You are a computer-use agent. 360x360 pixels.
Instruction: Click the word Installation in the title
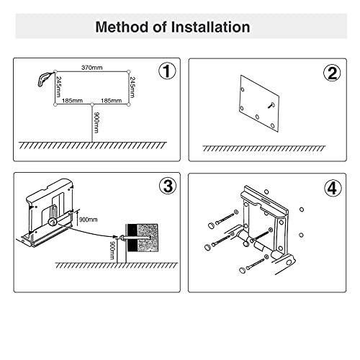click(210, 27)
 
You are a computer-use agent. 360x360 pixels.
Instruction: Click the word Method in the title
click(122, 27)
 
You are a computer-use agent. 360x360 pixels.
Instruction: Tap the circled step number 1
click(167, 71)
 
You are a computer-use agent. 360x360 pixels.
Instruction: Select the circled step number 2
click(332, 73)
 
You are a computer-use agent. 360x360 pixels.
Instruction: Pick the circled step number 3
click(168, 186)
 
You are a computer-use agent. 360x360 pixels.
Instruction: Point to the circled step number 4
click(333, 189)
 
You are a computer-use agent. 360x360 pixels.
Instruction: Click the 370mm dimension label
click(92, 68)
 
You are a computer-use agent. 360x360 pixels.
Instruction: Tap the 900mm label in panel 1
click(96, 122)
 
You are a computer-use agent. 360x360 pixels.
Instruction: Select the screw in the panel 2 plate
click(271, 105)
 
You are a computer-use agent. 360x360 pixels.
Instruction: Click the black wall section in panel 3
click(132, 238)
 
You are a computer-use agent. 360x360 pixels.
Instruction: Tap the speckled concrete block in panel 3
click(148, 238)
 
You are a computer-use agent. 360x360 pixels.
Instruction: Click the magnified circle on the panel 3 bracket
click(52, 222)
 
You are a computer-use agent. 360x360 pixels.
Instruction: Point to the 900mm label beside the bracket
click(88, 220)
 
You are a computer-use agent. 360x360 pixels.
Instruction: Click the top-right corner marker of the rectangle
click(129, 72)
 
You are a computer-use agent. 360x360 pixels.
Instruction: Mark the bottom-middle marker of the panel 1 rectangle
click(92, 104)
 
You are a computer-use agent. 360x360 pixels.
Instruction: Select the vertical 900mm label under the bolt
click(112, 251)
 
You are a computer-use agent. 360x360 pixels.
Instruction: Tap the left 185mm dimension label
click(72, 101)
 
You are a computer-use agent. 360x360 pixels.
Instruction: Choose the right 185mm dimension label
click(111, 101)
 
